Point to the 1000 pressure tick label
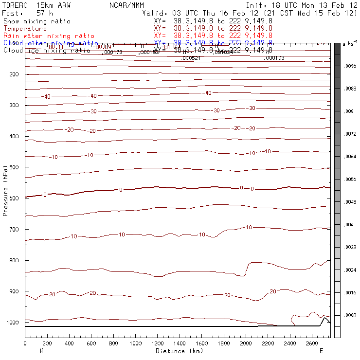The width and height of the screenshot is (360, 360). (13, 323)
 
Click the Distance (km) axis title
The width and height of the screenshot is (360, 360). (179, 351)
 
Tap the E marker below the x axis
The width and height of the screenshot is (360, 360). (321, 351)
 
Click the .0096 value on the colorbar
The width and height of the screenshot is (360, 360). (351, 66)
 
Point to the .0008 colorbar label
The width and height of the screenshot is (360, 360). (351, 316)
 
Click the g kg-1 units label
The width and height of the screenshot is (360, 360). (350, 44)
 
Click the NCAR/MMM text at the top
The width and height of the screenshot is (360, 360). (126, 5)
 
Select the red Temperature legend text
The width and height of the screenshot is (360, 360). (25, 29)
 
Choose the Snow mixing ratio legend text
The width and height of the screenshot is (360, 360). (36, 21)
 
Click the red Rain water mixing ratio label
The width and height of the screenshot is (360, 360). (49, 36)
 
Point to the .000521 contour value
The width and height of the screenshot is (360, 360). (191, 58)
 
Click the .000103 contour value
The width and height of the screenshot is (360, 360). (274, 58)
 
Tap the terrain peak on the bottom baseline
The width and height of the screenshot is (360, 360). (324, 318)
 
